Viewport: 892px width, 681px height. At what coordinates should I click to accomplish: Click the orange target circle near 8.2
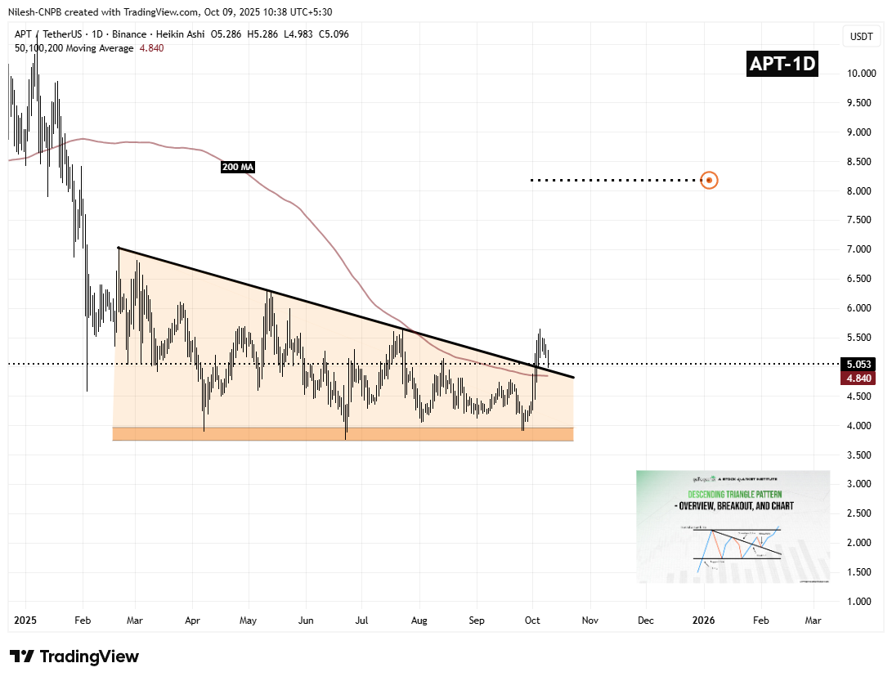coord(710,180)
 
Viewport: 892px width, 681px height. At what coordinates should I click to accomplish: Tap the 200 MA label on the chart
coord(238,168)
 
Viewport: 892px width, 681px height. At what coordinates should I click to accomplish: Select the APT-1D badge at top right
coord(783,64)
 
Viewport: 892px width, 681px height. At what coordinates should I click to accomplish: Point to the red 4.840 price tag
coord(860,379)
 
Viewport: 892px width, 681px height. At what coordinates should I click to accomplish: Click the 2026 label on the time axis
coord(704,621)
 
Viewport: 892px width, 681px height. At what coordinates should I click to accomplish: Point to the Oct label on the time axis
coord(532,621)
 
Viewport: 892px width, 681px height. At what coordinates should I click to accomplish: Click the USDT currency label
coord(862,37)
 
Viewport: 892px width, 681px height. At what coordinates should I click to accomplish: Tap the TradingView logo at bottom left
coord(74,656)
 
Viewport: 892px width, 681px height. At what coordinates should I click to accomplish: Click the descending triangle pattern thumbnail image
coord(733,526)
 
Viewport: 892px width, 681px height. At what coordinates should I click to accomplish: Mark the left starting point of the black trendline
coord(119,247)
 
